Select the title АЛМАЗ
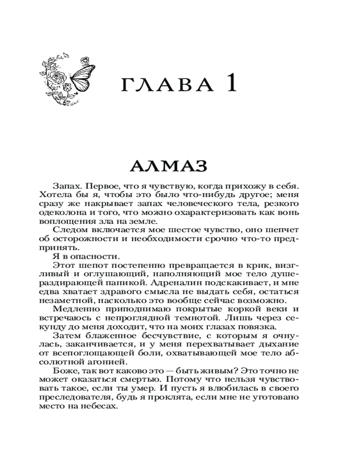click(168, 166)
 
